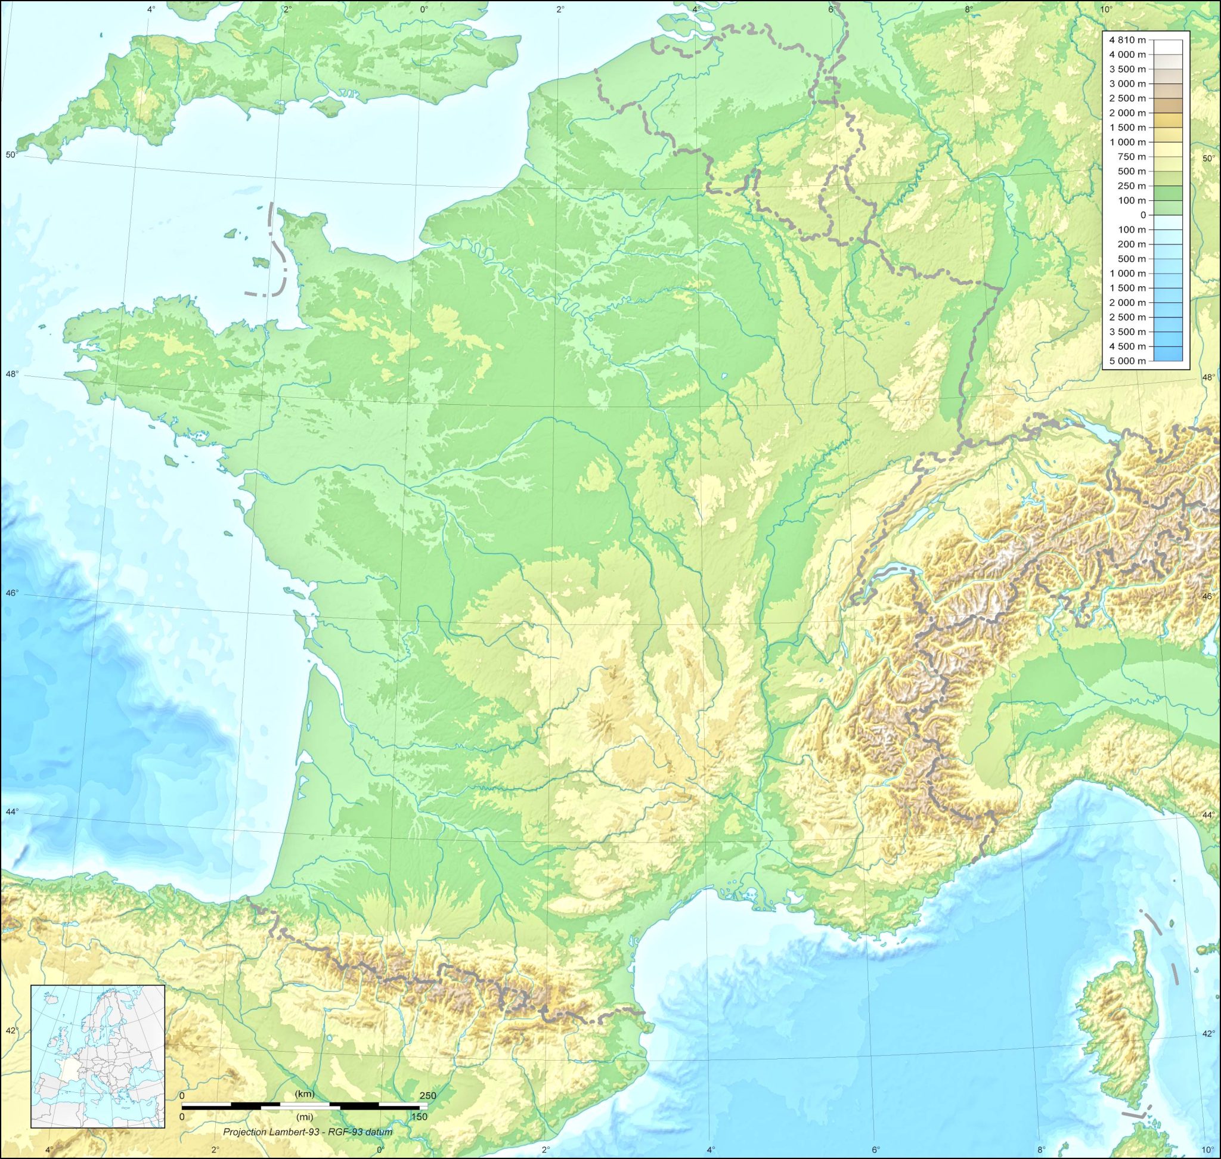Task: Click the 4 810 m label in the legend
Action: click(1127, 40)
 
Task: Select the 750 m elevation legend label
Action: click(1132, 157)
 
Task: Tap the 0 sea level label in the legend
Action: click(1142, 215)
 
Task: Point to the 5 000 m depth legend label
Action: click(1127, 361)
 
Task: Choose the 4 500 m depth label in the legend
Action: click(1127, 346)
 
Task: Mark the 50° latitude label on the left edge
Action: click(11, 154)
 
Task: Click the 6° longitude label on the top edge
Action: click(831, 9)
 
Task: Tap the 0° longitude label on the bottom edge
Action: click(380, 1149)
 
